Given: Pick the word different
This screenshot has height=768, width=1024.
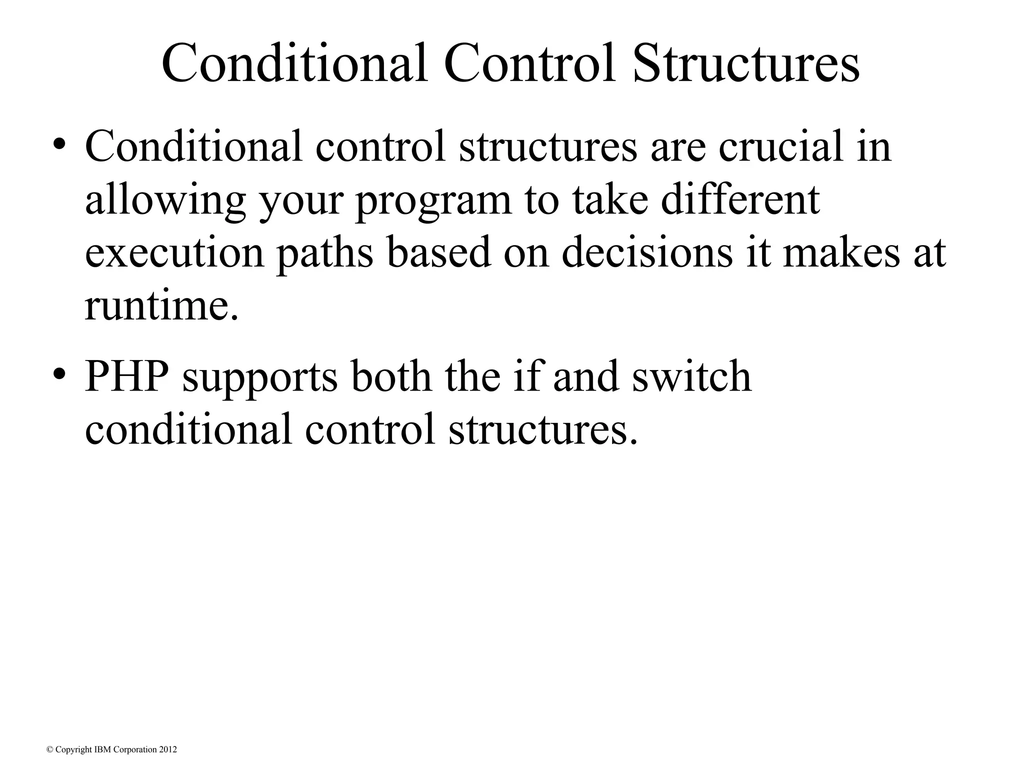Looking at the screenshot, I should [740, 199].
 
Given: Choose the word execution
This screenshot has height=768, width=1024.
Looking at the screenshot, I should [174, 252].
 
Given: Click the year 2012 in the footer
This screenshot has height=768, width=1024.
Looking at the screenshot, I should [168, 749].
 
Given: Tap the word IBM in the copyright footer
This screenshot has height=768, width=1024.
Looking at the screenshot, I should [102, 749].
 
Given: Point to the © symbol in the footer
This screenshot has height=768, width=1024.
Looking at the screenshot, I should [49, 749].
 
